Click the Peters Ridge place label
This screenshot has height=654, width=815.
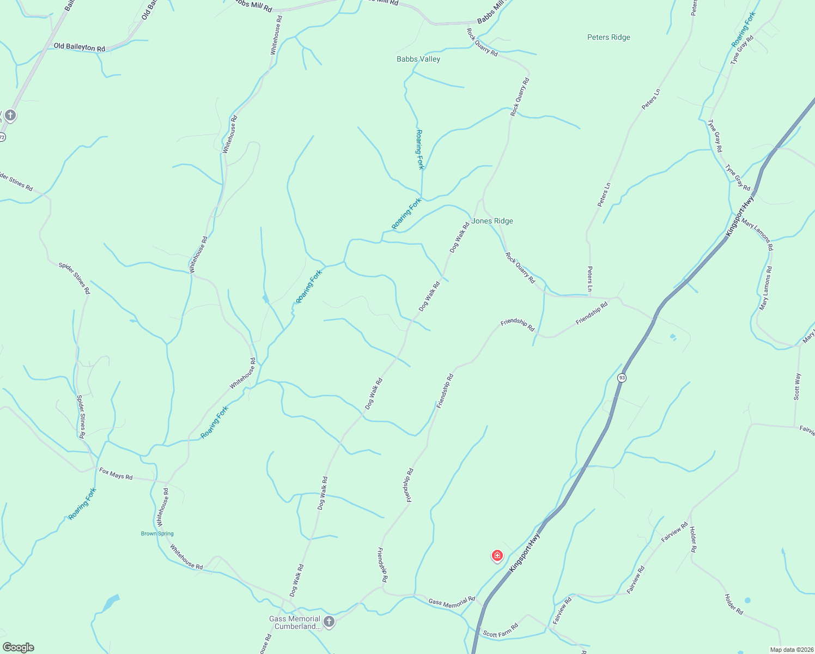click(x=609, y=38)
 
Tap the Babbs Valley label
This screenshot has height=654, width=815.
click(x=418, y=59)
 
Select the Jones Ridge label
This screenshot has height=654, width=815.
click(x=492, y=221)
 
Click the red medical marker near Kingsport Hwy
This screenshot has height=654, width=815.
click(x=497, y=555)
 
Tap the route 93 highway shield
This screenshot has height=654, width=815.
click(x=622, y=378)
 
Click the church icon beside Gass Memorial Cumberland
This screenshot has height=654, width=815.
click(x=329, y=621)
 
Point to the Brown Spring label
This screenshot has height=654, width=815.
click(x=157, y=534)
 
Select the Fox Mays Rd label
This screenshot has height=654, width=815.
click(x=115, y=473)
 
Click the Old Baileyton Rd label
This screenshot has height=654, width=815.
click(x=80, y=47)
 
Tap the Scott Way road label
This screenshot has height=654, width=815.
click(x=798, y=386)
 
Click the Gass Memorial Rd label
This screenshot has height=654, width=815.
click(x=452, y=602)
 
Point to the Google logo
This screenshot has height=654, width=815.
click(x=19, y=647)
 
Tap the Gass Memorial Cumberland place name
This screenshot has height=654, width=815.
click(x=295, y=622)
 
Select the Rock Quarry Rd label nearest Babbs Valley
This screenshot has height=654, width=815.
click(x=482, y=42)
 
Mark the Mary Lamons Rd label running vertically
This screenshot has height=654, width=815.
click(x=765, y=289)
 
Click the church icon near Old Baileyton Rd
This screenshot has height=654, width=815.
click(x=10, y=115)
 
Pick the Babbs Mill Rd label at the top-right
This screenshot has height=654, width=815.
click(x=490, y=13)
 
